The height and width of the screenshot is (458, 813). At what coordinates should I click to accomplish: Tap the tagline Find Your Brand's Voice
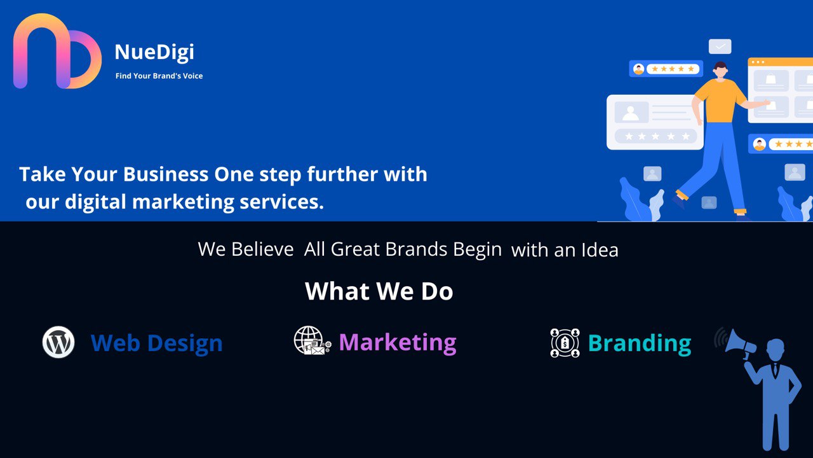(x=159, y=76)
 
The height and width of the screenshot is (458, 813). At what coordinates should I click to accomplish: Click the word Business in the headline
(x=166, y=174)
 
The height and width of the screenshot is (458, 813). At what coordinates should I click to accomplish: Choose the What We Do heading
(x=379, y=291)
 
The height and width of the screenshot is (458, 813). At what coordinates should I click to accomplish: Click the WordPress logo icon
(x=58, y=342)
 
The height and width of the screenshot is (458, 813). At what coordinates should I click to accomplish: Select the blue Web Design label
(x=156, y=343)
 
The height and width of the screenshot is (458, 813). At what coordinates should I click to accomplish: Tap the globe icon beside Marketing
(x=312, y=340)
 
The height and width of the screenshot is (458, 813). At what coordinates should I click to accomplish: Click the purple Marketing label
(x=398, y=342)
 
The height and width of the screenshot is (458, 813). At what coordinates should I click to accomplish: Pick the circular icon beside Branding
(x=565, y=343)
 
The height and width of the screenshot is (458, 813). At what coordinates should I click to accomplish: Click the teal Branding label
(x=640, y=343)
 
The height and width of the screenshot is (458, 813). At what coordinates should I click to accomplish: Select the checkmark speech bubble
(x=720, y=46)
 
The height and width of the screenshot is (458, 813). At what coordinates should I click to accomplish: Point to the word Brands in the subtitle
(x=416, y=249)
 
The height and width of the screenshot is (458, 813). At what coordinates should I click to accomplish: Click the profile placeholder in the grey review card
(x=631, y=113)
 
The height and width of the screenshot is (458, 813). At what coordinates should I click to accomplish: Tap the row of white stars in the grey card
(x=657, y=136)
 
